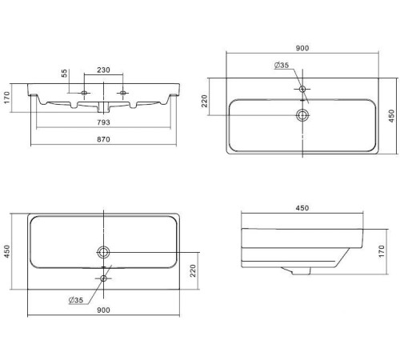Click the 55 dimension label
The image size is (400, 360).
coord(64,74)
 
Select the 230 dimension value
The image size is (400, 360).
coord(103,70)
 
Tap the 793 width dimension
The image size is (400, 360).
coord(103,122)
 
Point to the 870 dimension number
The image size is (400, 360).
coord(103,139)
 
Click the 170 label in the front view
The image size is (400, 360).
coord(7,98)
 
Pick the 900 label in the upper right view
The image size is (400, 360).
coord(302,48)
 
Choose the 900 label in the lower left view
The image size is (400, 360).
coord(103,310)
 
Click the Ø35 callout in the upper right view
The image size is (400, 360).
coord(282,65)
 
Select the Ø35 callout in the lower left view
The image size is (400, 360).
coord(76,300)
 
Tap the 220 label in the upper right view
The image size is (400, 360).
coord(205,101)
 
